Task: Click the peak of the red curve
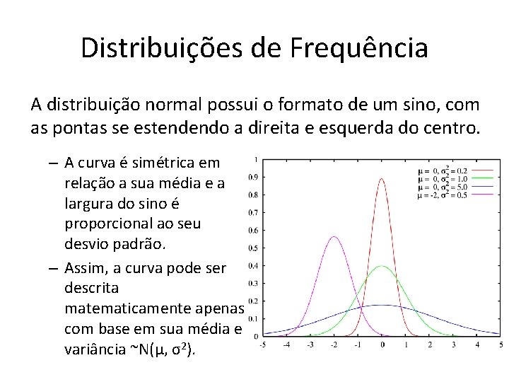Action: click(x=382, y=179)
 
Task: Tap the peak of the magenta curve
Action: click(x=334, y=237)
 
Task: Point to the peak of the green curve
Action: click(x=382, y=267)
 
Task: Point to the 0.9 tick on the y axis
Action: click(x=252, y=177)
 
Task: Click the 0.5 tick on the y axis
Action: click(x=252, y=248)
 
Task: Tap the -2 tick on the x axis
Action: click(x=334, y=345)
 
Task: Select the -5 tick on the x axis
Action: click(x=262, y=345)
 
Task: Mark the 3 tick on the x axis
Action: click(x=453, y=345)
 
